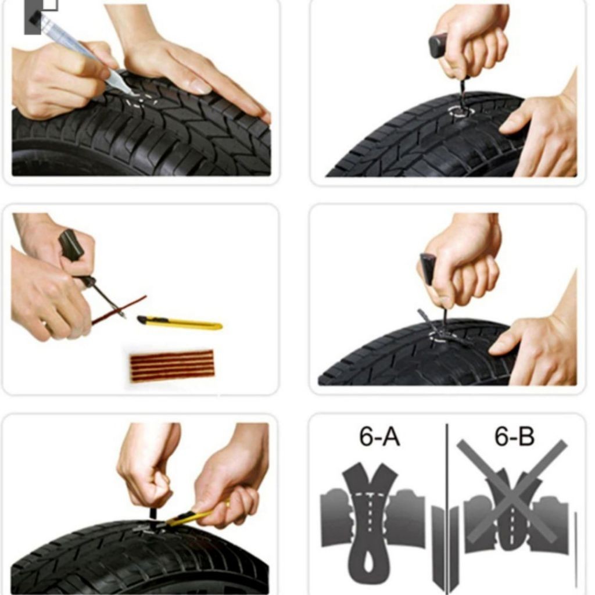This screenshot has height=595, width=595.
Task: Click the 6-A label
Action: (379, 437)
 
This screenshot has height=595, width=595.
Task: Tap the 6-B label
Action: (514, 437)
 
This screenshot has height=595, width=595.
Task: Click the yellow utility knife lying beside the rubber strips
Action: (180, 323)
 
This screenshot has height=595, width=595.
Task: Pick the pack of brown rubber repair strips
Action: (172, 365)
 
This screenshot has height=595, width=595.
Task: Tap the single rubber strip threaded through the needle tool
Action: (119, 310)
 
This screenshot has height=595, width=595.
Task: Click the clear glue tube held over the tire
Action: (81, 49)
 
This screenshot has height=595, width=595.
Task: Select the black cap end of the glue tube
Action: (35, 21)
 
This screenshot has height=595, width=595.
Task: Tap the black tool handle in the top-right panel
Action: (438, 45)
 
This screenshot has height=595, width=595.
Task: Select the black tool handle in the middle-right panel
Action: (428, 269)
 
